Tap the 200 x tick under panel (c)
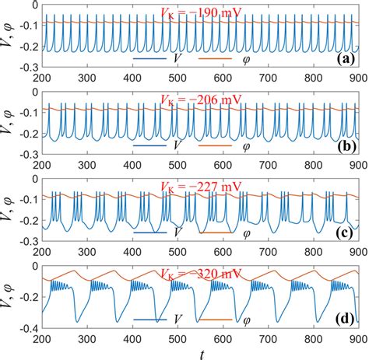41,250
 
